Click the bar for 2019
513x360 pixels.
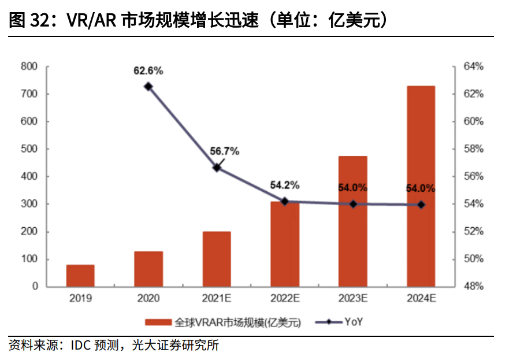click(x=80, y=276)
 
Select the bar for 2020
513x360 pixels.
click(x=148, y=269)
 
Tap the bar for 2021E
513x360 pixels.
click(x=217, y=259)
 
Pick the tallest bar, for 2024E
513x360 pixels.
click(x=421, y=186)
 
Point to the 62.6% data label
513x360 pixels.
click(x=148, y=71)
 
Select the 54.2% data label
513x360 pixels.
click(x=285, y=185)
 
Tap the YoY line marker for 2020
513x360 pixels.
click(x=148, y=86)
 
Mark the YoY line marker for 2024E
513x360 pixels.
click(x=421, y=205)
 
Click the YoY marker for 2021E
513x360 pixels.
click(x=217, y=168)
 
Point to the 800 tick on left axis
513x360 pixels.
click(x=31, y=66)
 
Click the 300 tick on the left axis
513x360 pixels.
click(x=31, y=204)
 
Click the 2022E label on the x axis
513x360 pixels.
click(x=285, y=299)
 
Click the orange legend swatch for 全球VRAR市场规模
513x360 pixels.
click(x=157, y=322)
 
